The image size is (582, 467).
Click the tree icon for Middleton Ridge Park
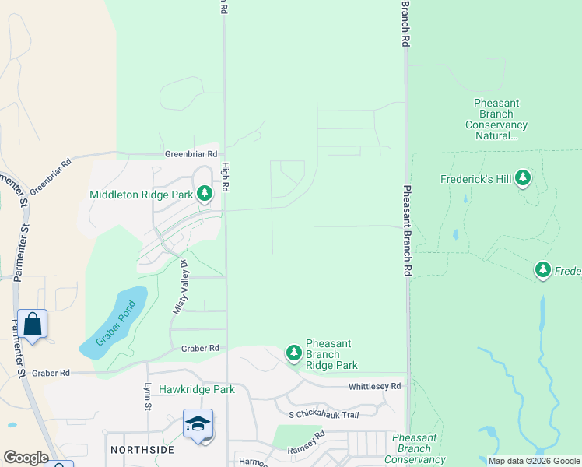pyautogui.click(x=205, y=193)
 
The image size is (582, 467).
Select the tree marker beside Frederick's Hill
pyautogui.click(x=523, y=179)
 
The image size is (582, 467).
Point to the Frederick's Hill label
pyautogui.click(x=476, y=180)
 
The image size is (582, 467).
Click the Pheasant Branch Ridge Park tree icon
pyautogui.click(x=293, y=353)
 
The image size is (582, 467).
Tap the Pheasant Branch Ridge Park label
pyautogui.click(x=332, y=354)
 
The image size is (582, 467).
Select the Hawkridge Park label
pyautogui.click(x=196, y=389)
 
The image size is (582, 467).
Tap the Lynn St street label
pyautogui.click(x=147, y=396)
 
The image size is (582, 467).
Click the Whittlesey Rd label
pyautogui.click(x=374, y=386)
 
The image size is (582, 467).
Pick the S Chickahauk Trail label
pyautogui.click(x=324, y=415)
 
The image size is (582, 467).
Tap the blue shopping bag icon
pyautogui.click(x=33, y=324)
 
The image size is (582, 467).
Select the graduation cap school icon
pyautogui.click(x=198, y=423)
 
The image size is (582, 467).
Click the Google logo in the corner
pyautogui.click(x=25, y=458)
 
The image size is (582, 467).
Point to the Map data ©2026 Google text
pyautogui.click(x=534, y=462)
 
